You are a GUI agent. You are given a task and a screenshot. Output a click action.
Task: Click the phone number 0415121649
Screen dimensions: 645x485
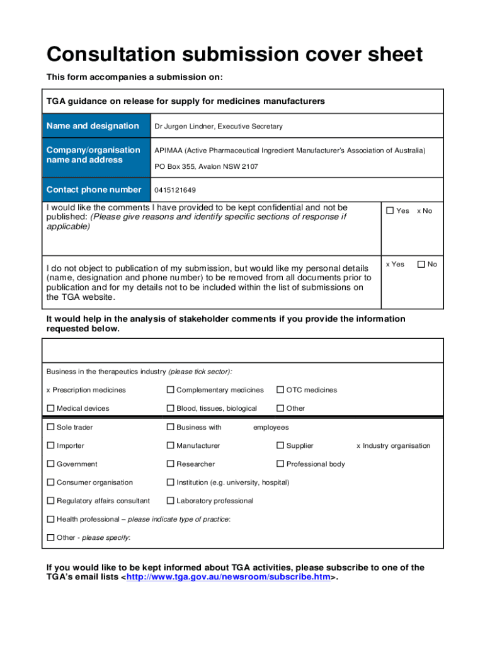tap(175, 190)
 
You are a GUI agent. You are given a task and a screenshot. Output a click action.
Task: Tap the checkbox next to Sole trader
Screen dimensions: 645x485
tap(51, 427)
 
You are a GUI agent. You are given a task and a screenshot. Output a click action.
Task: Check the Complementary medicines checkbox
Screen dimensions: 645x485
tap(171, 390)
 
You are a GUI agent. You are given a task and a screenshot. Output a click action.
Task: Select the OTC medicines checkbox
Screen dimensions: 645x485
tap(280, 390)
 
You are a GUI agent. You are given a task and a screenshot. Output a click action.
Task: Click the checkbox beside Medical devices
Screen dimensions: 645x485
tap(51, 408)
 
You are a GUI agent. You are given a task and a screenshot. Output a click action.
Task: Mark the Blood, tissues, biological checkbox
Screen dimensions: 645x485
tap(171, 408)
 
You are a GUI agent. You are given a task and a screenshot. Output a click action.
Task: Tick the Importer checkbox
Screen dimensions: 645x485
tap(51, 445)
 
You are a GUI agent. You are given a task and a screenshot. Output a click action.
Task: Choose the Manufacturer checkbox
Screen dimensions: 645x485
tap(171, 445)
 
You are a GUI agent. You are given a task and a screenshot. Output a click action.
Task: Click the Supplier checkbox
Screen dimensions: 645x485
tap(280, 445)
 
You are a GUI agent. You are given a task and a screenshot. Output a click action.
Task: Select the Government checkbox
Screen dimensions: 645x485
tap(51, 464)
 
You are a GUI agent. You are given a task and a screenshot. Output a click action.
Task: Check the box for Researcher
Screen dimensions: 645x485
tap(171, 464)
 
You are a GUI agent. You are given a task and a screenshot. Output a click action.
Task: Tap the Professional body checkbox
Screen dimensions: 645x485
tap(280, 464)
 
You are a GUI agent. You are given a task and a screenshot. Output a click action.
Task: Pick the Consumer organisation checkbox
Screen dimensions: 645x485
tap(51, 482)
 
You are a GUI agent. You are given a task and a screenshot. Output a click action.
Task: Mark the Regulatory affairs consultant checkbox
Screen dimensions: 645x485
tap(51, 501)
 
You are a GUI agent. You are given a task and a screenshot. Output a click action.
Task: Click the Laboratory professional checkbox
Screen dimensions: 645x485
tap(171, 501)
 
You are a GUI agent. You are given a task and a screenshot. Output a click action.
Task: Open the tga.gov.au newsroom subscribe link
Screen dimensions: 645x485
tap(229, 578)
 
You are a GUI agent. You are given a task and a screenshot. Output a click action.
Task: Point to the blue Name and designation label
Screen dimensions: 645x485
tap(93, 126)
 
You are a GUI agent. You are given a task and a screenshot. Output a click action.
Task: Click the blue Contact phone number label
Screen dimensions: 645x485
tap(94, 190)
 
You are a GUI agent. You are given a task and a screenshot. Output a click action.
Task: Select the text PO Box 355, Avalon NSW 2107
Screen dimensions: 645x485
tap(206, 167)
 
